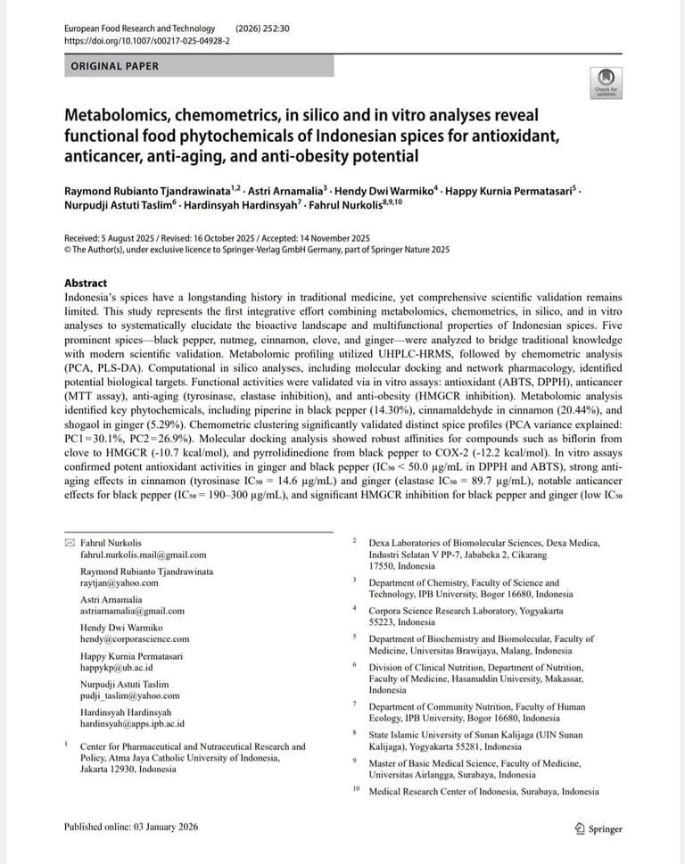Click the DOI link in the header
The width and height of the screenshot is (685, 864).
[x=146, y=41]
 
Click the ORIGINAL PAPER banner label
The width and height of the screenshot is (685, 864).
[x=114, y=66]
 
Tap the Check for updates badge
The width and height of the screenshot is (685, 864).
[x=607, y=82]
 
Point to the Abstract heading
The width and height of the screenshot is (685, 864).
[x=86, y=284]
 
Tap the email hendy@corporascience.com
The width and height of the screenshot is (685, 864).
[x=135, y=638]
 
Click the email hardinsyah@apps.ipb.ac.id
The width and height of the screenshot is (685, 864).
[x=132, y=723]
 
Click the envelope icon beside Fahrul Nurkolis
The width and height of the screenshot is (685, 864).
[x=70, y=542]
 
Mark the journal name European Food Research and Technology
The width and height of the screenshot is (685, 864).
[x=140, y=29]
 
